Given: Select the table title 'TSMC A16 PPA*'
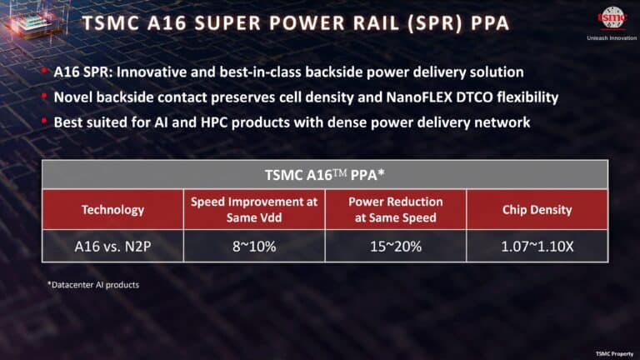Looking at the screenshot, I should (x=324, y=175).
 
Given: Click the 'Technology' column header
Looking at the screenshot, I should (x=112, y=210).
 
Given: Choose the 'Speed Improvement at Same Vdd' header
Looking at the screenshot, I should (x=253, y=209).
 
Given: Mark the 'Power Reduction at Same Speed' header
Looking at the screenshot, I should (x=395, y=209).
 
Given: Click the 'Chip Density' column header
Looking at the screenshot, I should (x=537, y=210).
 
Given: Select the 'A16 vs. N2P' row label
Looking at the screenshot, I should (x=112, y=247).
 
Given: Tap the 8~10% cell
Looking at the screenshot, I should (x=253, y=247).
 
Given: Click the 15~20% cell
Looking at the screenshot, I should (x=395, y=247).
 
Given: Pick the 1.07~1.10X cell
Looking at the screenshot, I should (x=537, y=247).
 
